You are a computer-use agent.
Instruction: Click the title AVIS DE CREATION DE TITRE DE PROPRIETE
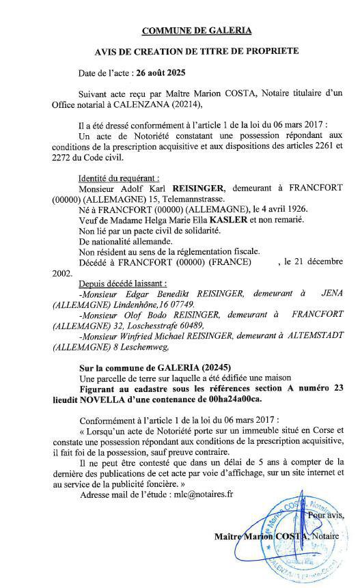click(x=197, y=51)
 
